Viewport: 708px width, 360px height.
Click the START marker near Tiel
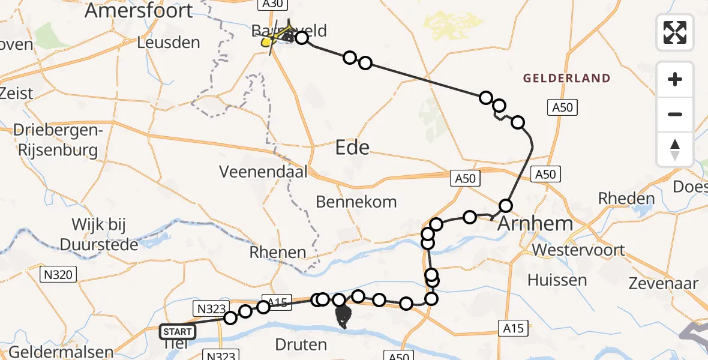(178, 332)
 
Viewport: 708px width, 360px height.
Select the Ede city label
(352, 147)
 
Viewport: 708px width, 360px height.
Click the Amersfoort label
(139, 10)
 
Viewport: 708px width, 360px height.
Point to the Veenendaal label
(263, 172)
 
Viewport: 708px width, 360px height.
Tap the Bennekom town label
(356, 202)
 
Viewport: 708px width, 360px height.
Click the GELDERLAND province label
(566, 78)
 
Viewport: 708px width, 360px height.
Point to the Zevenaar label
(663, 284)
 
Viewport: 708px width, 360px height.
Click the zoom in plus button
(675, 80)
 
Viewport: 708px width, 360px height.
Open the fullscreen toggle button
(675, 32)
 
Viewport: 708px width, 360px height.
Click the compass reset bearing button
(675, 149)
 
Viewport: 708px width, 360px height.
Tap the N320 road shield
(59, 275)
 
